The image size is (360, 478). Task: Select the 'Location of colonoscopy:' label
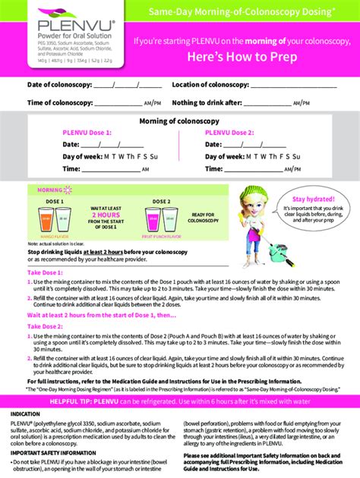tap(210, 85)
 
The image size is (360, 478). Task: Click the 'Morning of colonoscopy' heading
tap(179, 121)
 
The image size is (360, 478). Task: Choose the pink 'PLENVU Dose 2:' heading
tap(230, 132)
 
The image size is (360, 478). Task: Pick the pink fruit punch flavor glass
tap(162, 219)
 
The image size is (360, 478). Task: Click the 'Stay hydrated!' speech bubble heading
tap(312, 197)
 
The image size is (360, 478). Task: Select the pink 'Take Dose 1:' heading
tap(46, 272)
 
